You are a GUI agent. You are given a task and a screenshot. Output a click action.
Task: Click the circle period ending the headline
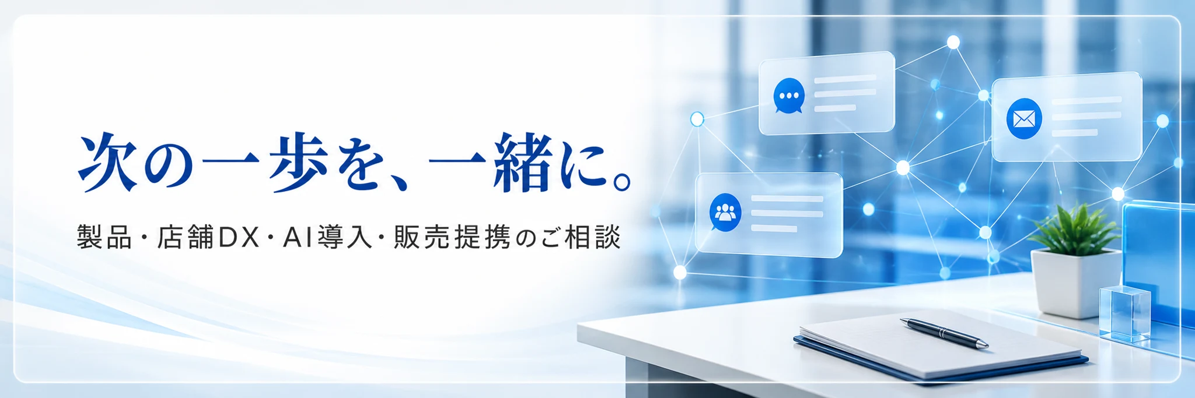[621, 181]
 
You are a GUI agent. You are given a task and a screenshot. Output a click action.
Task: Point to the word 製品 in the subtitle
[105, 238]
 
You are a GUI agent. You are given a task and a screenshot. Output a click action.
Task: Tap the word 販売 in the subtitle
[422, 238]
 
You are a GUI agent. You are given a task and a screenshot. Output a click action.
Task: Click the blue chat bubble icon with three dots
[789, 96]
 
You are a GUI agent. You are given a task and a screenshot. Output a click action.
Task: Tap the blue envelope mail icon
[1024, 119]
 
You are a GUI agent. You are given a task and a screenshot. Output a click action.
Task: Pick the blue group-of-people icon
[725, 213]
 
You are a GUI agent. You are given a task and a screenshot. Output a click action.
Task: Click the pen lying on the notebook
[944, 333]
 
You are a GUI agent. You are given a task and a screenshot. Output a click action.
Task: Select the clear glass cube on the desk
[1124, 314]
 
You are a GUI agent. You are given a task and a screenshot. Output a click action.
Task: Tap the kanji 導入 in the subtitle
[345, 238]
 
